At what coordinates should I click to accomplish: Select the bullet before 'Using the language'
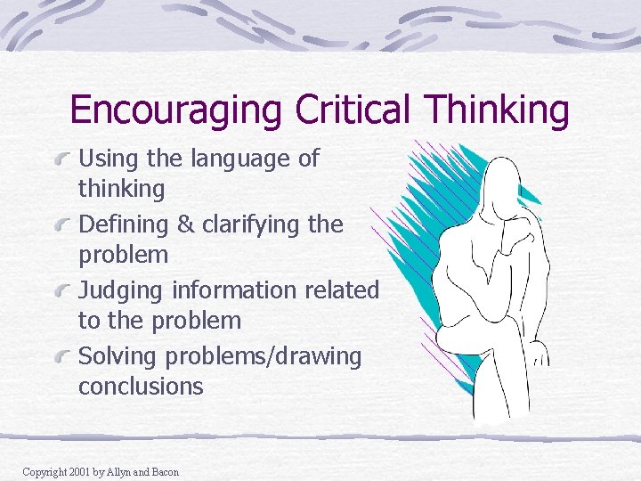(x=63, y=160)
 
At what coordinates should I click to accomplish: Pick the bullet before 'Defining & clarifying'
(x=63, y=226)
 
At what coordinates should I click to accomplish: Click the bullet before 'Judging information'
(x=63, y=292)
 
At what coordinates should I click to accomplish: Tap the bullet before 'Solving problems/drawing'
(x=63, y=358)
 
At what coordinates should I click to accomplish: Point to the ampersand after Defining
(x=185, y=224)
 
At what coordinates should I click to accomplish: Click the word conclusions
(x=141, y=387)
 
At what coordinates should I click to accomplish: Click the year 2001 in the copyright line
(x=79, y=471)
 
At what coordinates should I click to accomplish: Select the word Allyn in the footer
(x=118, y=471)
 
